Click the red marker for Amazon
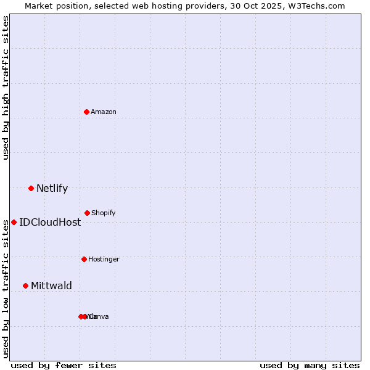click(87, 112)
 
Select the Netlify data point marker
click(31, 188)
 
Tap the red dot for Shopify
click(87, 213)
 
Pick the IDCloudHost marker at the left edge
click(14, 222)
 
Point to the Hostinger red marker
click(84, 259)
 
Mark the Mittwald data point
click(25, 286)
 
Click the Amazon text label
click(103, 112)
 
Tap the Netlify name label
click(52, 188)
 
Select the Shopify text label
click(103, 213)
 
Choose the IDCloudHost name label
click(50, 222)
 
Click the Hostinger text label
click(104, 259)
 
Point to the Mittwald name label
click(51, 286)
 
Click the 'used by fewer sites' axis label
click(64, 365)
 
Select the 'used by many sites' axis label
click(310, 365)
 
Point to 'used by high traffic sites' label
click(6, 88)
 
